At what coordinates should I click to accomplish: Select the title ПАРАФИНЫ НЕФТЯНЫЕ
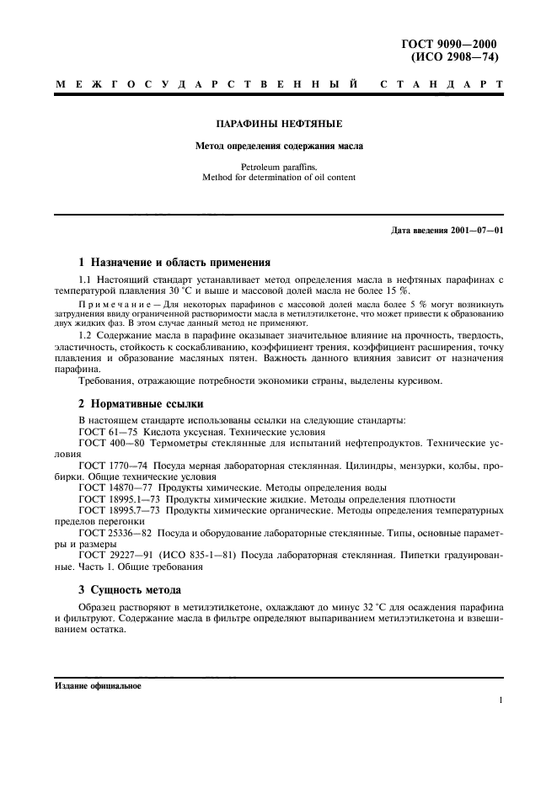pos(279,125)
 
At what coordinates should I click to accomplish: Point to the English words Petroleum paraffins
pos(279,167)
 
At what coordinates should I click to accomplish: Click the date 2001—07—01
pos(474,232)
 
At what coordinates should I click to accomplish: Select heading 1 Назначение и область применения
pos(174,262)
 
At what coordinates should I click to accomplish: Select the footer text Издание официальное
pos(87,686)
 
